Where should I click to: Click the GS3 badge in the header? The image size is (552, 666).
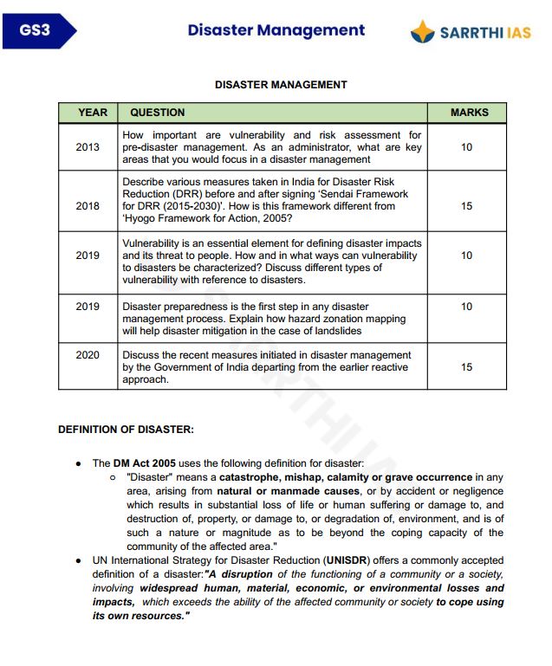click(x=36, y=31)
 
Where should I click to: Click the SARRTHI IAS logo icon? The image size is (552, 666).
click(x=423, y=32)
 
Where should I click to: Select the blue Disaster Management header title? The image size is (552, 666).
click(x=276, y=30)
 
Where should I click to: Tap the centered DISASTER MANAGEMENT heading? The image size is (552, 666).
click(x=281, y=85)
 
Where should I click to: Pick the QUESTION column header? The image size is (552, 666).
click(x=157, y=113)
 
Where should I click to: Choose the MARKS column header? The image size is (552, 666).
click(x=469, y=113)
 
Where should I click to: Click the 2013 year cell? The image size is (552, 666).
click(x=88, y=147)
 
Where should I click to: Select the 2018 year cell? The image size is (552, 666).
click(x=88, y=207)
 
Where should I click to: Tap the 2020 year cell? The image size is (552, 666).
click(x=88, y=355)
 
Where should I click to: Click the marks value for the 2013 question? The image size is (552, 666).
click(x=466, y=147)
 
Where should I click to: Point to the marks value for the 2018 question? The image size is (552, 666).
click(x=466, y=207)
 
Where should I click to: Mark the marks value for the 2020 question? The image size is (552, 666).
click(x=466, y=367)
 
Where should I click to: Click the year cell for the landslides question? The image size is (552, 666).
click(x=88, y=307)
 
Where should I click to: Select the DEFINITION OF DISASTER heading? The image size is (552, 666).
click(x=126, y=430)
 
